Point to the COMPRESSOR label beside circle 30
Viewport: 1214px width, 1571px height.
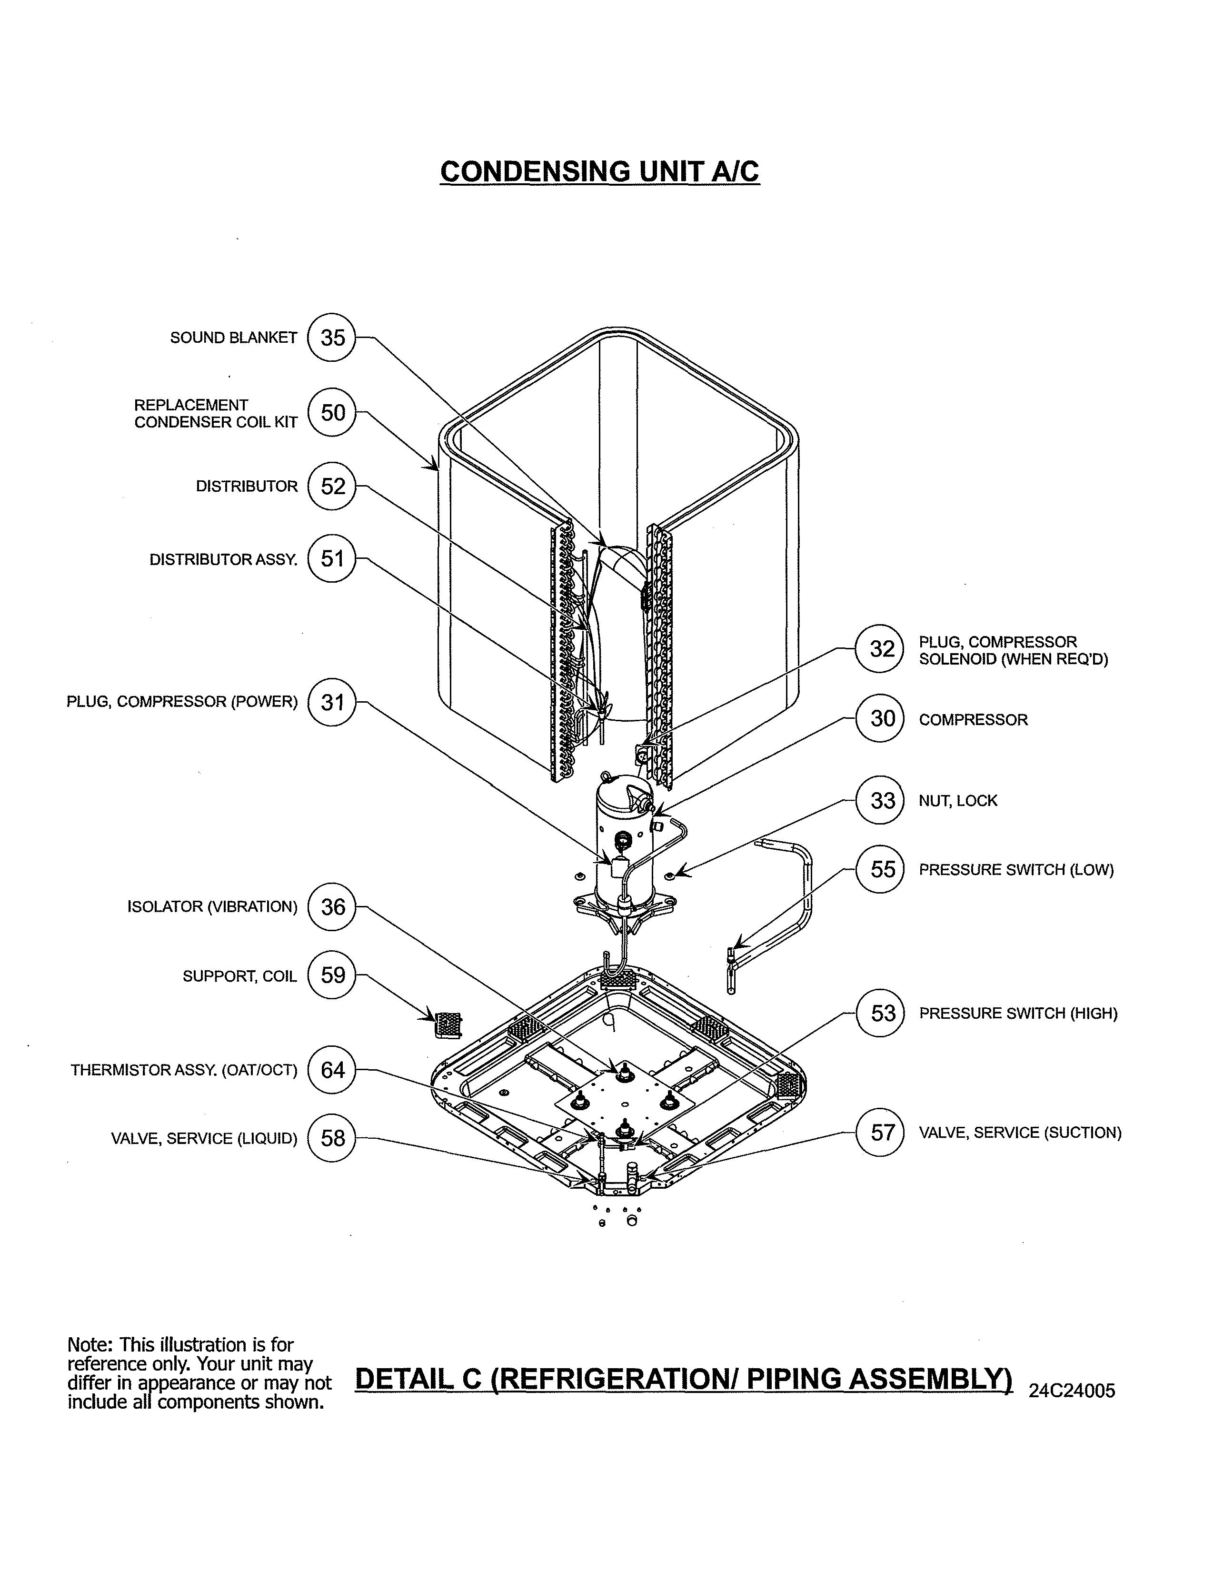click(x=973, y=719)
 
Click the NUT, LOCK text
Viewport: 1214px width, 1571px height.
click(x=957, y=801)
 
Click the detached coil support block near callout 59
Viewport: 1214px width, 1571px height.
click(x=448, y=1024)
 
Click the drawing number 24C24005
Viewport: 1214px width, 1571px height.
click(x=1071, y=1411)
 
